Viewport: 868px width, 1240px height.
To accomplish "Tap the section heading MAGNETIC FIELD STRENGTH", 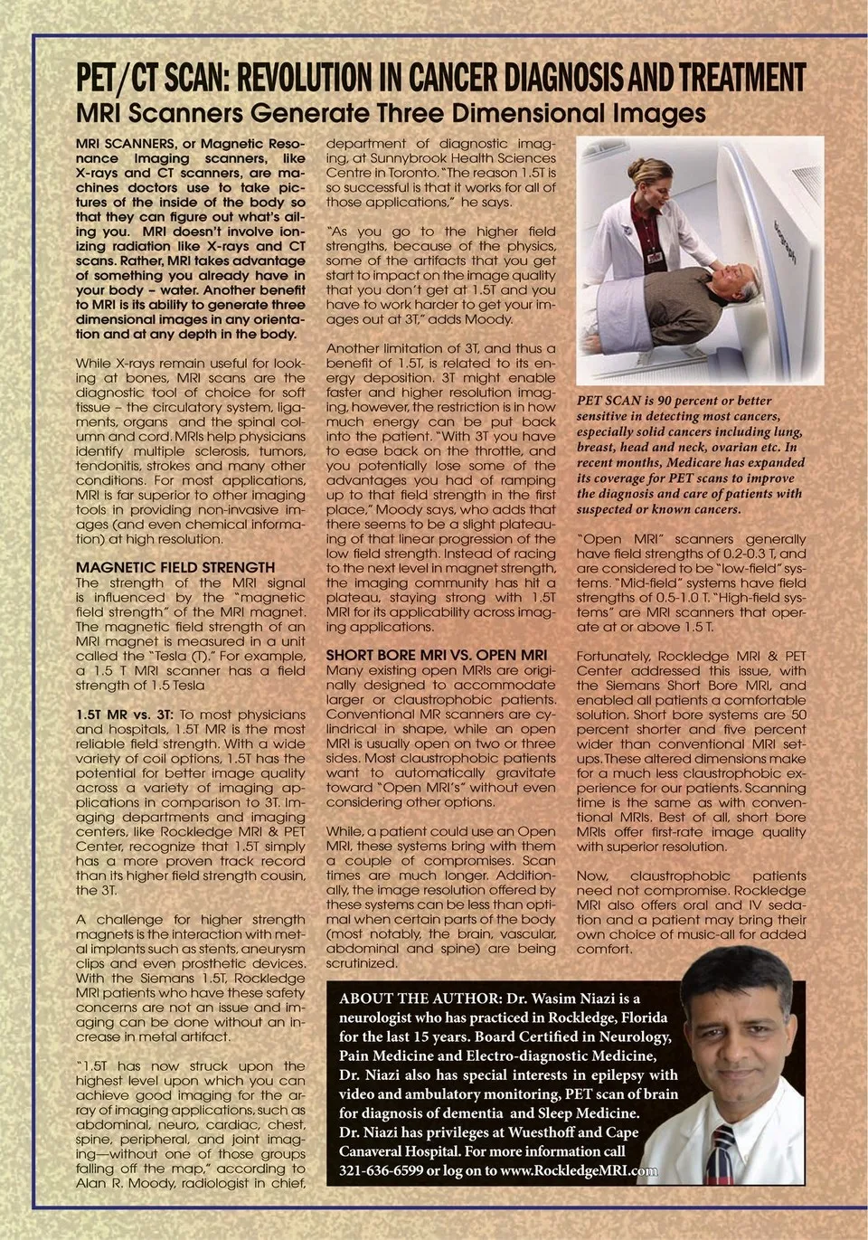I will [x=175, y=568].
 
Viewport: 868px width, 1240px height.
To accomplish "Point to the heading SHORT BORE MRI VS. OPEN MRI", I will [x=436, y=655].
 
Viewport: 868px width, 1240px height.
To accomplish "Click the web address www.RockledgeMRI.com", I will [x=579, y=1171].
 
